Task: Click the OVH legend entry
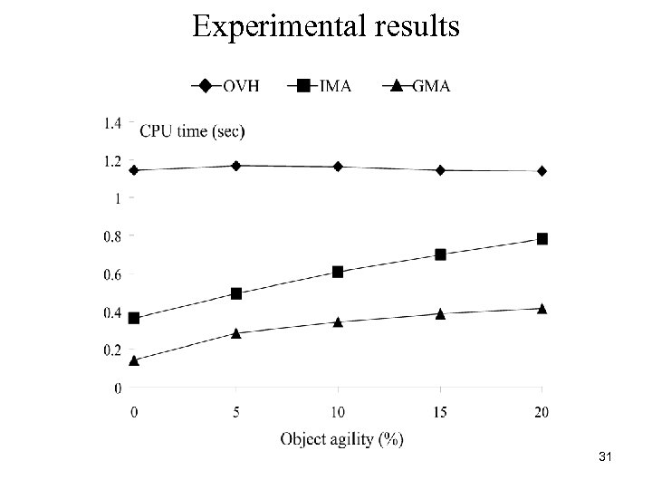coord(225,86)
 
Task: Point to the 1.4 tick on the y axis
coord(113,122)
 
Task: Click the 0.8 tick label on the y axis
coord(113,236)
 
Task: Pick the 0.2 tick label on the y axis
coord(113,350)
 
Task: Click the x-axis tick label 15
coord(439,413)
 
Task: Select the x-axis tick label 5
coord(235,413)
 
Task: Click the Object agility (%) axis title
coord(341,439)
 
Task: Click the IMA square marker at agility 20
coord(542,239)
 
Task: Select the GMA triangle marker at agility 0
coord(134,360)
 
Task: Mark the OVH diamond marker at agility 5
coord(235,166)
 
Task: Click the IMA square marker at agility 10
coord(338,272)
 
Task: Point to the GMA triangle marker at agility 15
coord(440,313)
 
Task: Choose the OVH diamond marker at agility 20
coord(542,170)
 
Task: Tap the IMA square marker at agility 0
coord(134,318)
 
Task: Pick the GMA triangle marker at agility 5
coord(235,332)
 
